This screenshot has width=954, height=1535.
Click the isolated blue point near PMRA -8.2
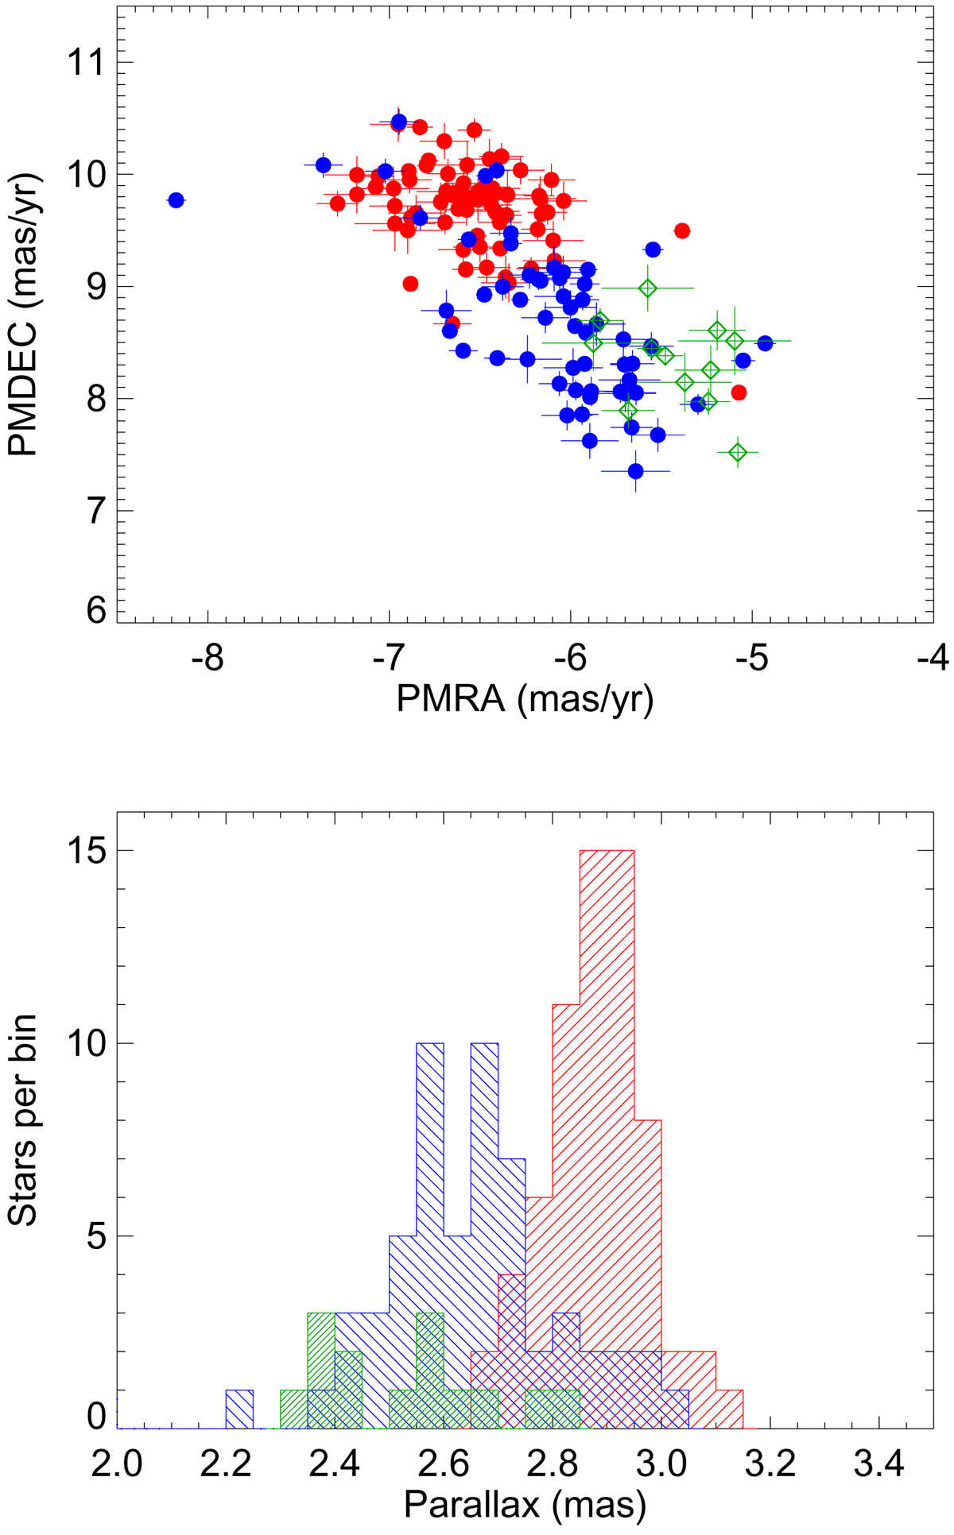tap(176, 200)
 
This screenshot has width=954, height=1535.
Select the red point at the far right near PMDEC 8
tap(739, 392)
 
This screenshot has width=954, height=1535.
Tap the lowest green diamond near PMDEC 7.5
tap(738, 452)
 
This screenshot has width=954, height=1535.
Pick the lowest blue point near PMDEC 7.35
tap(635, 471)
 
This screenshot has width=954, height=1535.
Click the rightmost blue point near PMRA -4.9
tap(765, 343)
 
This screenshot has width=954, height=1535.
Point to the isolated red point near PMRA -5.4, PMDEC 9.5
tap(681, 230)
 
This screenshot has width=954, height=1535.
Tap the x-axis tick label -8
tap(207, 659)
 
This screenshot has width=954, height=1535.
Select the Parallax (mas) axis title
tap(525, 1504)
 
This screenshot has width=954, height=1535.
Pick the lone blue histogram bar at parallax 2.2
tap(239, 1410)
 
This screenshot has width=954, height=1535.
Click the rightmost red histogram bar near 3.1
tap(729, 1410)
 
